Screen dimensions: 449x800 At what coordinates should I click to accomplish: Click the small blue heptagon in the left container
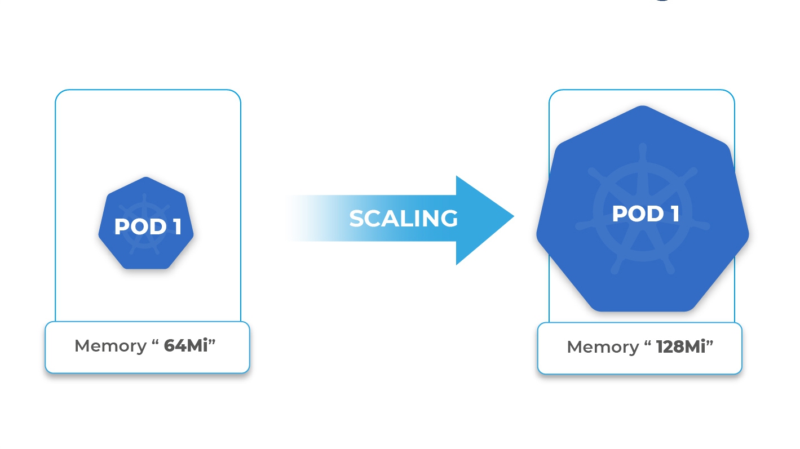(146, 248)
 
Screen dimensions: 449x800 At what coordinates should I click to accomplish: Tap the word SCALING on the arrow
(403, 219)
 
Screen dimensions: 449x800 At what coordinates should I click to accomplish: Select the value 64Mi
(186, 346)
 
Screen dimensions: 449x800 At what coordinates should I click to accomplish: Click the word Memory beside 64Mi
(111, 346)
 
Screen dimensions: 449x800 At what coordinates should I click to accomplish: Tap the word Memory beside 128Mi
(603, 347)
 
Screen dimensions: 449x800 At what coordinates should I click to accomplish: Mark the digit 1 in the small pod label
(176, 227)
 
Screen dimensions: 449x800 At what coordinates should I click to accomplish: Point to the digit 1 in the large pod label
(674, 214)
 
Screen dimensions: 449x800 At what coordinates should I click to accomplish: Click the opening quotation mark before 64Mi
(155, 341)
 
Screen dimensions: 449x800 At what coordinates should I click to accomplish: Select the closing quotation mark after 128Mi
(710, 343)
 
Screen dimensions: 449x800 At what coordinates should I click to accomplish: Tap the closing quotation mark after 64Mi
(212, 341)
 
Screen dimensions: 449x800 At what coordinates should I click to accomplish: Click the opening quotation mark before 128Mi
(647, 343)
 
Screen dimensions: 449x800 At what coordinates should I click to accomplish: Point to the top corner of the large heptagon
(642, 107)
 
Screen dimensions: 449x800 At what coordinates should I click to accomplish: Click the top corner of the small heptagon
(146, 178)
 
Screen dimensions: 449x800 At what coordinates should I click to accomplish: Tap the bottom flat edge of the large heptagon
(642, 310)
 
